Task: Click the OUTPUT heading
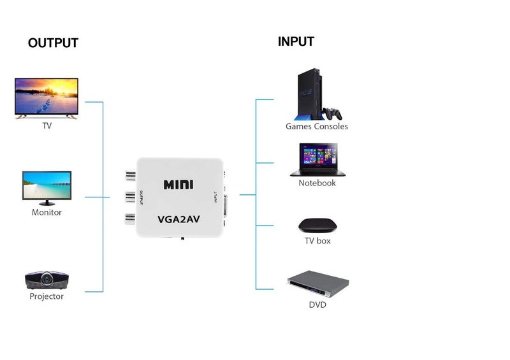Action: click(53, 43)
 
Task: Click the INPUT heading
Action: click(296, 41)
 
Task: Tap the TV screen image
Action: click(47, 97)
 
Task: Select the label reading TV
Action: click(47, 126)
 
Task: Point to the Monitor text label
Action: click(47, 212)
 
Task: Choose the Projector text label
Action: click(47, 296)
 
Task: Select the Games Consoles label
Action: click(317, 126)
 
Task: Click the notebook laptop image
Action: click(317, 159)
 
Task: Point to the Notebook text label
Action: click(317, 183)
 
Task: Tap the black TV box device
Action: click(317, 226)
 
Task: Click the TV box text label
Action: click(317, 241)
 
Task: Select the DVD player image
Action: click(317, 284)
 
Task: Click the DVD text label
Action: click(317, 305)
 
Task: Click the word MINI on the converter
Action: click(178, 185)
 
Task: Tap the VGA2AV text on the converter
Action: click(178, 220)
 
